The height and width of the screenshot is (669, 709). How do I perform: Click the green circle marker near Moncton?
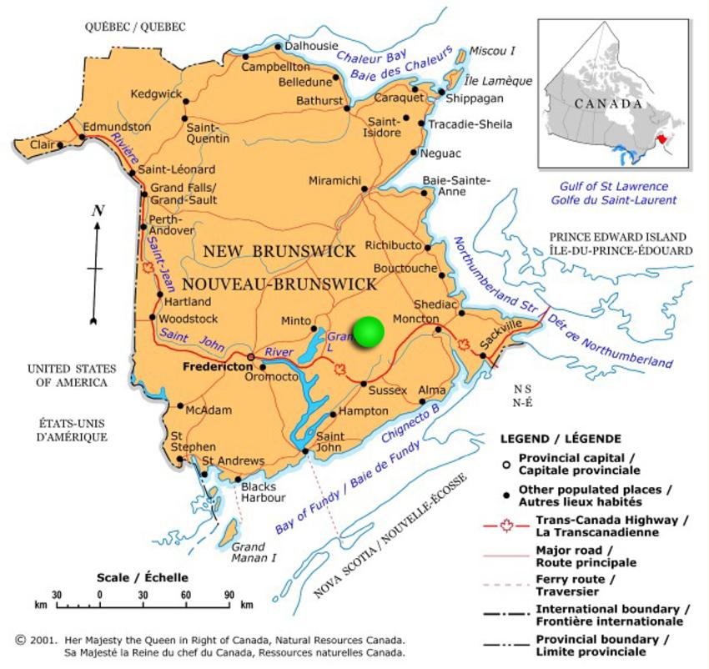(x=368, y=332)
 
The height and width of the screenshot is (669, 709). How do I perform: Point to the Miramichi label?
(x=334, y=181)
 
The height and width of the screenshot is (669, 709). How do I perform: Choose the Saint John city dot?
(x=305, y=451)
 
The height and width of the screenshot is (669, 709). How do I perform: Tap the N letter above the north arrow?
(x=97, y=211)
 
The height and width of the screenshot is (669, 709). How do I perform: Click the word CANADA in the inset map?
(x=608, y=104)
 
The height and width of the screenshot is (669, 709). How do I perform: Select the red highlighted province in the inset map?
(x=661, y=137)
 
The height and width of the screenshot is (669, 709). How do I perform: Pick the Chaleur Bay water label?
(x=370, y=58)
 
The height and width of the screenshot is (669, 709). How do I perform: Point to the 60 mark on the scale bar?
(x=186, y=594)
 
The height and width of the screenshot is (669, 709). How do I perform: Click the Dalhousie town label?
(x=311, y=46)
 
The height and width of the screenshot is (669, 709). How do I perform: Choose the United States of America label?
(x=67, y=375)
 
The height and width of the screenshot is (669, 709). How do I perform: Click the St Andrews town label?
(x=234, y=460)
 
